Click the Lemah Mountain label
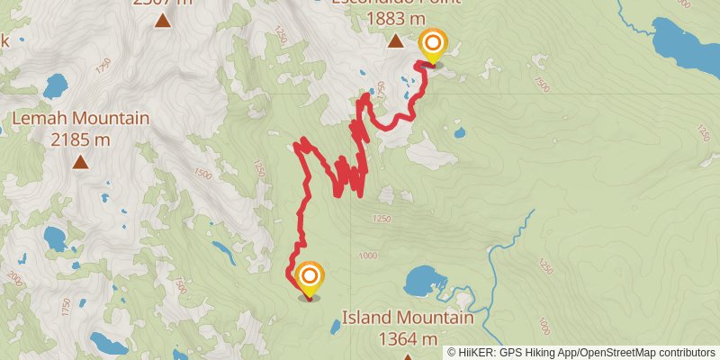tap(80, 119)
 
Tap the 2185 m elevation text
tap(80, 139)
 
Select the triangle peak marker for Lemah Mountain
tap(80, 162)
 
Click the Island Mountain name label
tap(408, 319)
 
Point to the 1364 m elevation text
tap(408, 338)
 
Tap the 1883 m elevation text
tap(395, 18)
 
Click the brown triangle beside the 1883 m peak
tap(395, 40)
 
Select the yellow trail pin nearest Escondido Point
tap(433, 45)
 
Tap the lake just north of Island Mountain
tap(420, 282)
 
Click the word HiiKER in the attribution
tap(481, 352)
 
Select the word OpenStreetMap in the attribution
tap(616, 352)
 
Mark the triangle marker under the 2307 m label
tap(163, 20)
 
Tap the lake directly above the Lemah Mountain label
tap(55, 86)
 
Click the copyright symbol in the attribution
tap(452, 352)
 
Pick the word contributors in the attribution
tap(685, 352)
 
